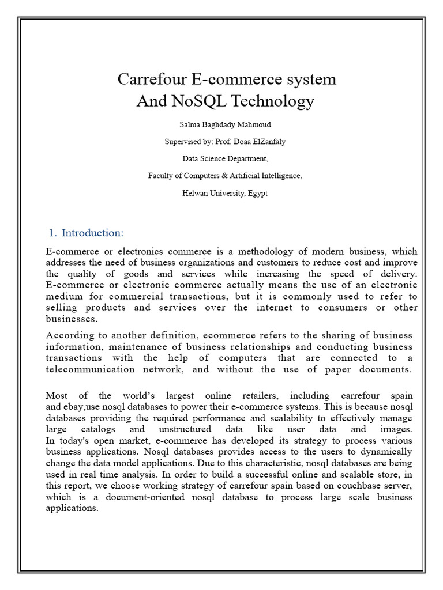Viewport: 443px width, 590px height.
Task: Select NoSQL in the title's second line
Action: [x=192, y=101]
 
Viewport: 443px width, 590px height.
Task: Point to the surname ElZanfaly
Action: [x=265, y=141]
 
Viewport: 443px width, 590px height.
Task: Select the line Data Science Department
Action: [x=225, y=158]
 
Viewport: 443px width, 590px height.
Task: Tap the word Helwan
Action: [x=196, y=193]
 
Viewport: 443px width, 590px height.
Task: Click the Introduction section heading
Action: [x=92, y=233]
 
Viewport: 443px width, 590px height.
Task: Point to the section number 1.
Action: [x=52, y=233]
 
